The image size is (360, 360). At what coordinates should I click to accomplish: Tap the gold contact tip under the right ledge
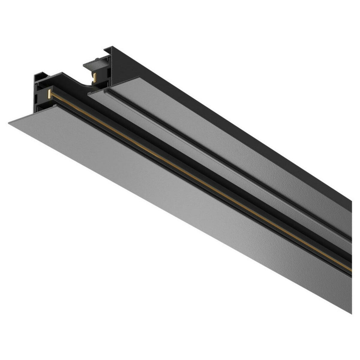[x=95, y=77]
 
